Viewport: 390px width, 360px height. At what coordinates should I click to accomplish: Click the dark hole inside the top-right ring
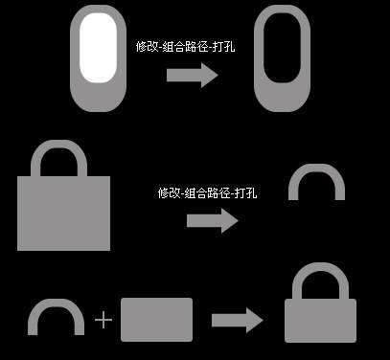[282, 56]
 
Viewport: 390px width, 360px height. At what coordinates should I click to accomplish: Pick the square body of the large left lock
[64, 213]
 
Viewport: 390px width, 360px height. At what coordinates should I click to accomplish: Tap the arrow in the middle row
[211, 221]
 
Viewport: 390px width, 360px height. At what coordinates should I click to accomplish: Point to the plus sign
[103, 319]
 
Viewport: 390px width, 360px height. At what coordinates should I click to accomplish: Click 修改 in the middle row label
[170, 192]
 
